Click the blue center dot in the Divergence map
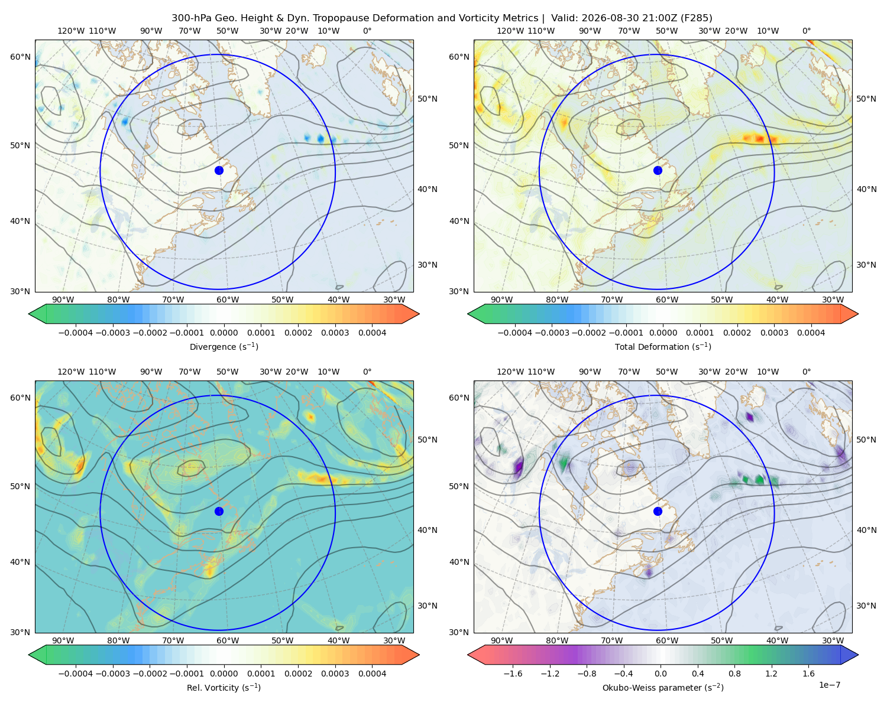tap(219, 170)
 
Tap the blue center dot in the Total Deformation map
tap(658, 170)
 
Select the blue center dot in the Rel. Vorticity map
tap(219, 511)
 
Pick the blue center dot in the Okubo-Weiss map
tap(658, 511)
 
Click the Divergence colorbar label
tap(224, 346)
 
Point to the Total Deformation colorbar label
tap(663, 346)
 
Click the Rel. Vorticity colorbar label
tap(224, 687)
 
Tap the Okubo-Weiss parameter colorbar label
tap(663, 687)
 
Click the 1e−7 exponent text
tap(829, 685)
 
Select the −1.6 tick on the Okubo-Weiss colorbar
tap(513, 674)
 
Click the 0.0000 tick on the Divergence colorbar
tap(224, 333)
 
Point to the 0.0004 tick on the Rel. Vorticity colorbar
tap(372, 674)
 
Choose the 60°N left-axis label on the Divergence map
tap(20, 57)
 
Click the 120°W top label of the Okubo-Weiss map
tap(510, 372)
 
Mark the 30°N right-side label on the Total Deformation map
tap(866, 265)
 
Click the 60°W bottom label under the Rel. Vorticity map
tap(228, 640)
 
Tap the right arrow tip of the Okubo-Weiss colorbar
tap(858, 655)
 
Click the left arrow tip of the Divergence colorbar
tap(28, 314)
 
